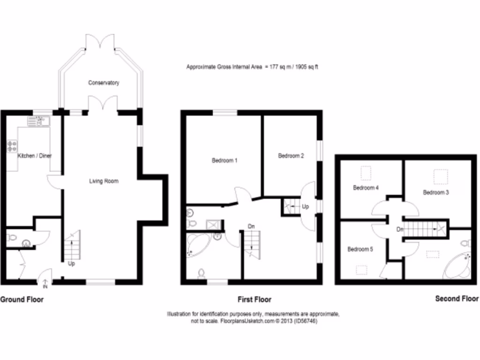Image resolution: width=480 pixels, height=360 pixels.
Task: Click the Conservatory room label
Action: pyautogui.click(x=104, y=83)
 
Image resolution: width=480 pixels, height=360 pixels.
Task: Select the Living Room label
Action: pyautogui.click(x=104, y=181)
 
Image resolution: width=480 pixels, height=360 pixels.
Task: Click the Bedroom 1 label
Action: pyautogui.click(x=225, y=161)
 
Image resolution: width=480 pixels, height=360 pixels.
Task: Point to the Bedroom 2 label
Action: pyautogui.click(x=291, y=156)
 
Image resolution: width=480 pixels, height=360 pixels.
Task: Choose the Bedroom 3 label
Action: pyautogui.click(x=436, y=192)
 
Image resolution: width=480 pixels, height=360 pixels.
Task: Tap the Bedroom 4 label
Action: pyautogui.click(x=366, y=188)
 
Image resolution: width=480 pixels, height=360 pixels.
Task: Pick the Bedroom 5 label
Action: pyautogui.click(x=360, y=249)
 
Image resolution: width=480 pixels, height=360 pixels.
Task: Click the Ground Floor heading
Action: pyautogui.click(x=22, y=299)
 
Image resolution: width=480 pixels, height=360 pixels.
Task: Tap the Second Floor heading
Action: pyautogui.click(x=457, y=299)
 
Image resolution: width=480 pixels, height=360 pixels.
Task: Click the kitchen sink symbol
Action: pyautogui.click(x=38, y=122)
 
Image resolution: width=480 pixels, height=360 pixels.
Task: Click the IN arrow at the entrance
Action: pyautogui.click(x=45, y=284)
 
